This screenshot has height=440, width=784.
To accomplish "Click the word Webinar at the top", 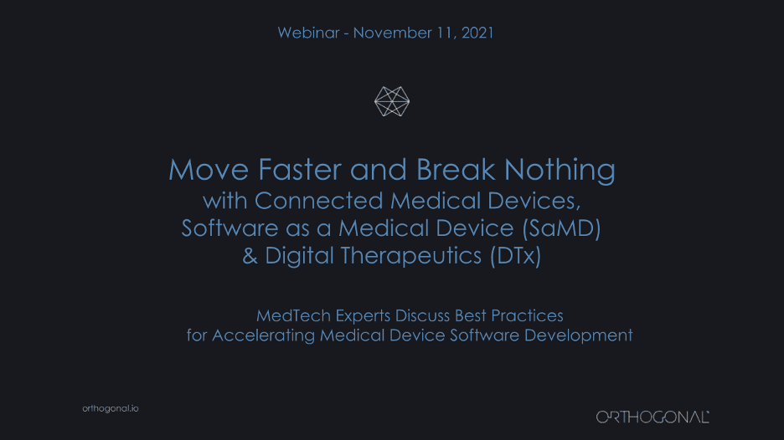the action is point(308,33).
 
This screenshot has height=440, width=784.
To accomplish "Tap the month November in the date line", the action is point(393,33).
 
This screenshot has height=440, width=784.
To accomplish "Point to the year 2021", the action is point(477,33).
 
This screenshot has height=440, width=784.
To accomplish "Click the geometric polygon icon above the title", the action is point(392,101).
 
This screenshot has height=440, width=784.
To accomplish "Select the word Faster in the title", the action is point(300,170).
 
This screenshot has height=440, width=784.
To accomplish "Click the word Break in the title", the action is point(456,170).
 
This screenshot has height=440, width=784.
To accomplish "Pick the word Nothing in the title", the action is point(560,171).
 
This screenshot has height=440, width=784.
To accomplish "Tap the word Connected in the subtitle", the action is point(318,201).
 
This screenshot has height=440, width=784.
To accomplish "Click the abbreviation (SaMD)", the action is point(561,228).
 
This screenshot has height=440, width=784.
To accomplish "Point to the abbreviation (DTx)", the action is point(515,256).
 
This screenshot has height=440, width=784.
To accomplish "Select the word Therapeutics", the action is point(411,256).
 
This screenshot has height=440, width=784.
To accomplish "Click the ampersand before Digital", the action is point(250,256).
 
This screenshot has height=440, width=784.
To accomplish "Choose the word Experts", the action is point(363,316).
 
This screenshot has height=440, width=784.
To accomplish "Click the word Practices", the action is point(527,315).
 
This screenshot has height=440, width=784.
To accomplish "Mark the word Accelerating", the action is point(264,335).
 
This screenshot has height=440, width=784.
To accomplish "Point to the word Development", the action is point(578,335).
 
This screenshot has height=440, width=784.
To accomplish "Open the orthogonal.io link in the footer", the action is point(111,408).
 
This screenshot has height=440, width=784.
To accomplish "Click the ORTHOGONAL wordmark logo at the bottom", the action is point(652,417).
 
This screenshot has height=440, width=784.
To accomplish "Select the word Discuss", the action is point(422,315).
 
